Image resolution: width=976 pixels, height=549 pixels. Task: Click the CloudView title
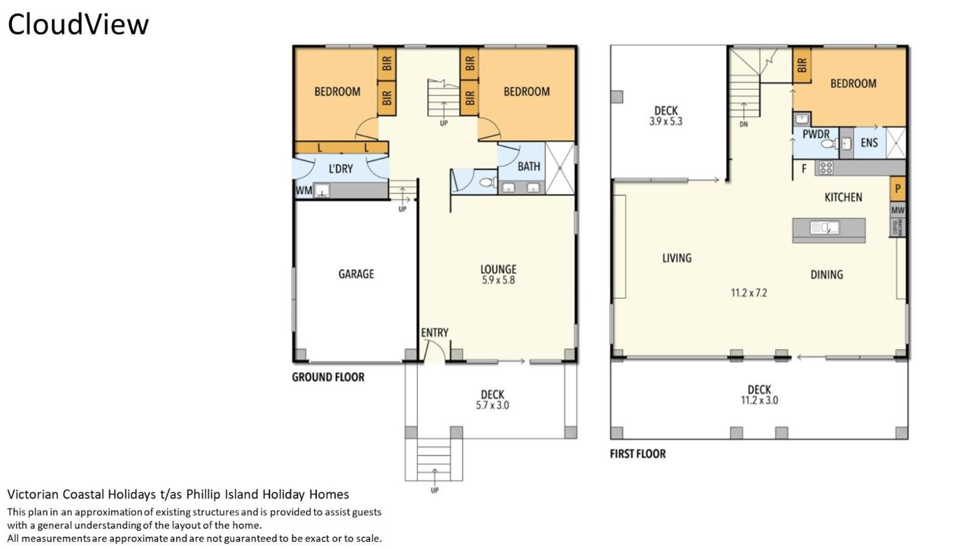[78, 24]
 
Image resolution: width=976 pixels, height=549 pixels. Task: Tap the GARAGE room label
[356, 274]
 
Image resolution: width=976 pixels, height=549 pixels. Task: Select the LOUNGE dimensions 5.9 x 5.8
[498, 280]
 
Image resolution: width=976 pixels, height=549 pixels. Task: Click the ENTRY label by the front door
[434, 332]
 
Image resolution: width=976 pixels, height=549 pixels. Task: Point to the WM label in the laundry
[304, 191]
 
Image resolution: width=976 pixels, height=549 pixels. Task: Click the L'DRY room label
[340, 169]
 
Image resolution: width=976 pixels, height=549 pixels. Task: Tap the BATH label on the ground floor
[529, 166]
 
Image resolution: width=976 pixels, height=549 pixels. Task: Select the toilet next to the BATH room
[487, 182]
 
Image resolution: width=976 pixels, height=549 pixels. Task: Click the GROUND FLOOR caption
[328, 377]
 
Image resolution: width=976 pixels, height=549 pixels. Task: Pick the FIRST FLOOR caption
[638, 454]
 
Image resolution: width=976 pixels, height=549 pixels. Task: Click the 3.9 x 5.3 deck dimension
[666, 121]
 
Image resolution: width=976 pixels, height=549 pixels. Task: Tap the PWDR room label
[816, 134]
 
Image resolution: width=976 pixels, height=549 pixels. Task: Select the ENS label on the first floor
[869, 143]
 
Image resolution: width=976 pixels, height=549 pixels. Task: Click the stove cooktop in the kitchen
[825, 168]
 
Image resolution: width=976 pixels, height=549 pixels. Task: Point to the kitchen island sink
[824, 227]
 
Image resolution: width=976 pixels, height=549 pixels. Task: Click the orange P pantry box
[898, 189]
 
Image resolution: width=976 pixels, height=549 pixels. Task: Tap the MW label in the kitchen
[898, 209]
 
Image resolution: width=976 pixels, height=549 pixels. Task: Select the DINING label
[826, 275]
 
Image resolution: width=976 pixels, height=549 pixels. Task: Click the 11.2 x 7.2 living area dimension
[749, 293]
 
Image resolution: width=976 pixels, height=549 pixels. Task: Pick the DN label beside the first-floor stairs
[744, 125]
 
